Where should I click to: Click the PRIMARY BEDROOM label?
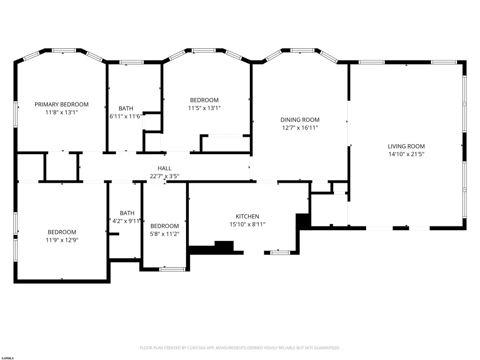pyautogui.click(x=61, y=105)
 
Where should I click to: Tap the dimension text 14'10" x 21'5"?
pyautogui.click(x=406, y=154)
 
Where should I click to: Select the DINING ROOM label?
pyautogui.click(x=300, y=120)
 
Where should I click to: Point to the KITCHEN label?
pyautogui.click(x=247, y=217)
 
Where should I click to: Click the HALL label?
pyautogui.click(x=165, y=168)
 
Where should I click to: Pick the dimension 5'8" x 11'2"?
pyautogui.click(x=165, y=234)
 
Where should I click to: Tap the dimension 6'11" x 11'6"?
pyautogui.click(x=126, y=116)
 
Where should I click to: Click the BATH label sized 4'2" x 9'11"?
pyautogui.click(x=127, y=213)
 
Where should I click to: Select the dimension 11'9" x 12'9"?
pyautogui.click(x=62, y=240)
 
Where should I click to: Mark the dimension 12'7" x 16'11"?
pyautogui.click(x=300, y=127)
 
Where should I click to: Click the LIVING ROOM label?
pyautogui.click(x=406, y=146)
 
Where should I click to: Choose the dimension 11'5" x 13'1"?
pyautogui.click(x=204, y=108)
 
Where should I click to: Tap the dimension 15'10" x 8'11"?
pyautogui.click(x=247, y=225)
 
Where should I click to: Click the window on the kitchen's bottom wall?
pyautogui.click(x=280, y=253)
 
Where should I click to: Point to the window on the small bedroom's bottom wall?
pyautogui.click(x=172, y=270)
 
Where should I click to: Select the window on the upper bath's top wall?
pyautogui.click(x=132, y=62)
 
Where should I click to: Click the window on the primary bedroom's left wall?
pyautogui.click(x=15, y=114)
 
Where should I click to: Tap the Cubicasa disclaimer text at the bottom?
pyautogui.click(x=240, y=348)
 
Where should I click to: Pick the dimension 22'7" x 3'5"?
pyautogui.click(x=165, y=176)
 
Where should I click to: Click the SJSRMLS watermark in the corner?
pyautogui.click(x=7, y=358)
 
